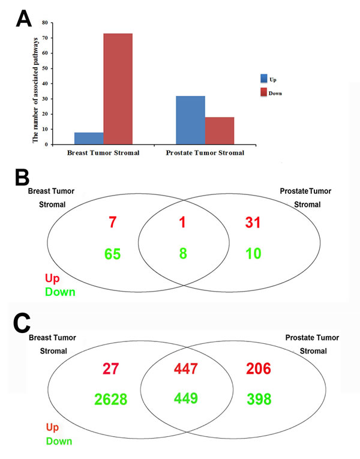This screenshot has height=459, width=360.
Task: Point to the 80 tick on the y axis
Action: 44,23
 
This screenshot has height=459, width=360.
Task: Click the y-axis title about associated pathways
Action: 35,84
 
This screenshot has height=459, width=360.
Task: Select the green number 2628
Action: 110,398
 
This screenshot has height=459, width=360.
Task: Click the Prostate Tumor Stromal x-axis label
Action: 205,153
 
